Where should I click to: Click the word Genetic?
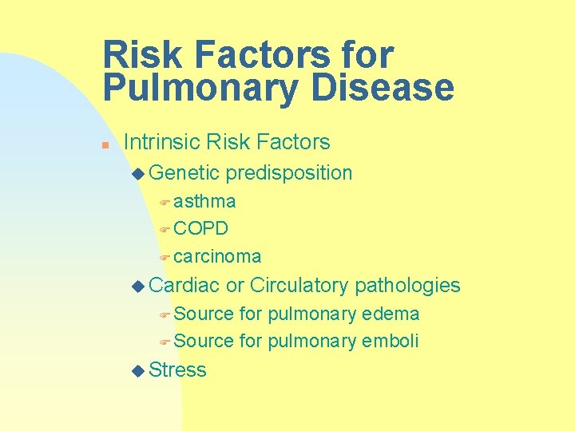(184, 172)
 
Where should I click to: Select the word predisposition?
(288, 173)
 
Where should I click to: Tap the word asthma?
(204, 200)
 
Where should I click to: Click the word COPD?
(201, 228)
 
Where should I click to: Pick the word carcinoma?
(217, 256)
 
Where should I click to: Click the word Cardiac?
(184, 285)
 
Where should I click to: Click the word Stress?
(177, 370)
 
